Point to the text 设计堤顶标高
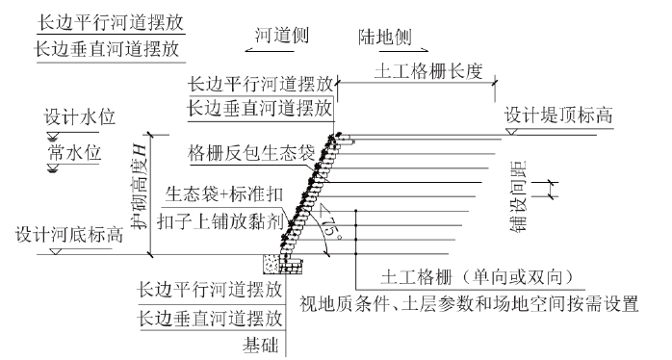[x=558, y=118]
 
